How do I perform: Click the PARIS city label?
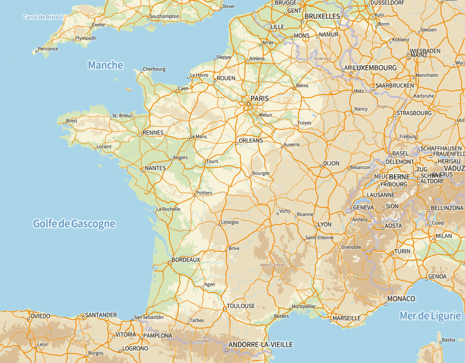[259, 99]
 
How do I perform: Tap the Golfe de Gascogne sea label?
[74, 224]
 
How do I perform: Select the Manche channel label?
[105, 65]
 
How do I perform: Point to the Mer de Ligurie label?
[430, 316]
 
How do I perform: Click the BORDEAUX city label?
[185, 260]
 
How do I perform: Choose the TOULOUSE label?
[241, 306]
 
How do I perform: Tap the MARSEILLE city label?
[346, 318]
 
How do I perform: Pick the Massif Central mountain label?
[272, 265]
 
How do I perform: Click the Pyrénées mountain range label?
[203, 341]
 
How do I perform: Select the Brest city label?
[71, 121]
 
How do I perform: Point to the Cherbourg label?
[154, 69]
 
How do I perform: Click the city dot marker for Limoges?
[219, 225]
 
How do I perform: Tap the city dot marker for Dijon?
[321, 166]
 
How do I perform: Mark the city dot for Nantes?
[142, 170]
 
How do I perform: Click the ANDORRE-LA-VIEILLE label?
[261, 344]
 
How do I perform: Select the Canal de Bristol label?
[43, 17]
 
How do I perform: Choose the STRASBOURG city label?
[414, 113]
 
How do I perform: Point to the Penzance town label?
[48, 49]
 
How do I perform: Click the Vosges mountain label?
[382, 107]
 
